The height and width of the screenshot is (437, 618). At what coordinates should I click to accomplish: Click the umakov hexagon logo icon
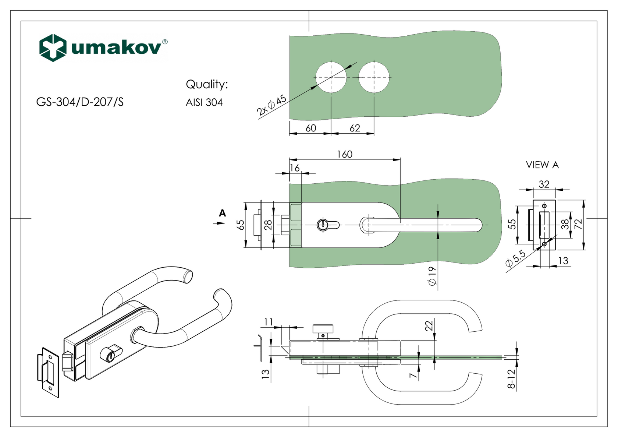click(x=53, y=47)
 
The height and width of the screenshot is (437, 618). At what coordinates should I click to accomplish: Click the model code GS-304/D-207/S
click(x=80, y=102)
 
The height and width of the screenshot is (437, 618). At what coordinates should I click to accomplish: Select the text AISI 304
click(x=204, y=102)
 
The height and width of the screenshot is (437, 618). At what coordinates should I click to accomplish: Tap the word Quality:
click(x=207, y=84)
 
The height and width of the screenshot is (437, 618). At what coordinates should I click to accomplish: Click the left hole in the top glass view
click(x=331, y=77)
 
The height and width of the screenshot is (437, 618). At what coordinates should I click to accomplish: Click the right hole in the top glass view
click(x=374, y=77)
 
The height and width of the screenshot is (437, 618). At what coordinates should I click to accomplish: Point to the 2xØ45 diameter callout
click(x=272, y=105)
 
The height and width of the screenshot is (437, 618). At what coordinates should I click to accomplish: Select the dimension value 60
click(x=311, y=128)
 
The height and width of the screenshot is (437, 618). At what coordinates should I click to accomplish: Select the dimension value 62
click(x=355, y=128)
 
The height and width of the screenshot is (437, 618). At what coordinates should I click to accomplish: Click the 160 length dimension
click(x=345, y=154)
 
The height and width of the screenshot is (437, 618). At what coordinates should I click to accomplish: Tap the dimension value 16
click(x=295, y=168)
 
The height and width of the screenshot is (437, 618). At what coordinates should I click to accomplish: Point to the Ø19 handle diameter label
click(x=432, y=276)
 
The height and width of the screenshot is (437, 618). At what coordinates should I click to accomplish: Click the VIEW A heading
click(x=542, y=165)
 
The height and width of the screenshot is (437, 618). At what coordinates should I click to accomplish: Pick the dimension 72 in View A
click(x=578, y=224)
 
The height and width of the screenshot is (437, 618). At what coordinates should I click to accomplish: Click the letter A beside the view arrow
click(x=222, y=213)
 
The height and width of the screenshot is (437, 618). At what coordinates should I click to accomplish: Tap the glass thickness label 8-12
click(x=511, y=379)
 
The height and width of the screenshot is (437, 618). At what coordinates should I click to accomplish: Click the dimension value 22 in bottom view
click(x=429, y=326)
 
